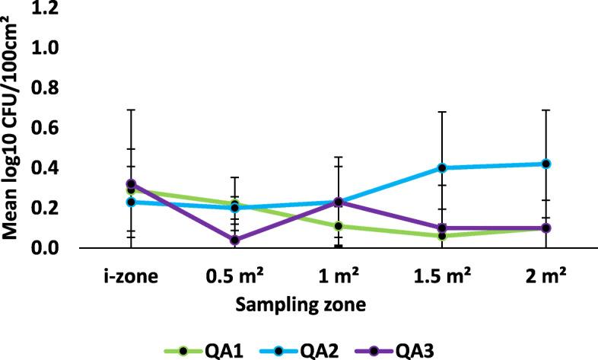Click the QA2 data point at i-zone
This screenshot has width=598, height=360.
coord(131,202)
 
